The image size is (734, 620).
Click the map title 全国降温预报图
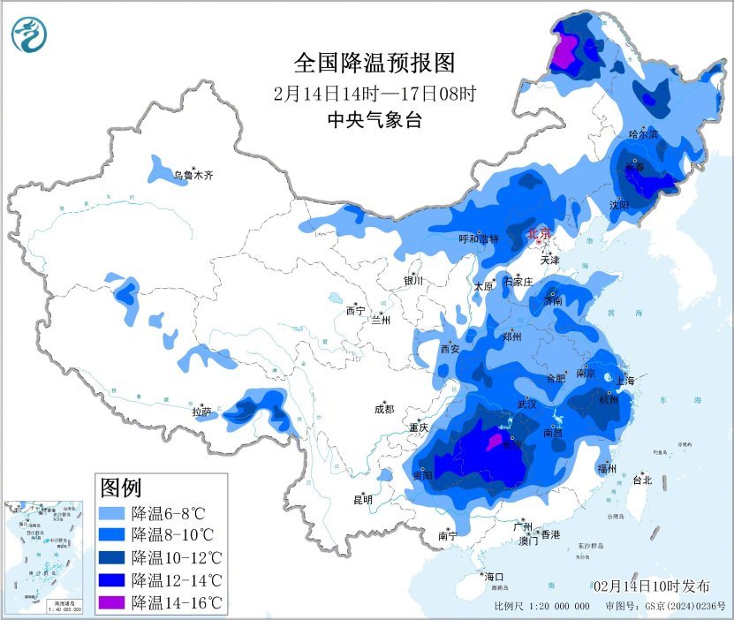pyautogui.click(x=374, y=63)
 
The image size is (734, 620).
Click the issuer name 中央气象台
pyautogui.click(x=374, y=120)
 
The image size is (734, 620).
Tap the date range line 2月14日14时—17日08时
pyautogui.click(x=374, y=92)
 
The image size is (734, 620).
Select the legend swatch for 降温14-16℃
pyautogui.click(x=112, y=603)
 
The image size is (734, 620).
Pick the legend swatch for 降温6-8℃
pyautogui.click(x=112, y=511)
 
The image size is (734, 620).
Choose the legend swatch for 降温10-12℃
pyautogui.click(x=112, y=557)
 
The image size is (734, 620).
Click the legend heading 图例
pyautogui.click(x=122, y=487)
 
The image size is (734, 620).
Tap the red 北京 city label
pyautogui.click(x=538, y=234)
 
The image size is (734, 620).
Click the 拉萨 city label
pyautogui.click(x=202, y=411)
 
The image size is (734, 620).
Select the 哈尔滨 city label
pyautogui.click(x=643, y=134)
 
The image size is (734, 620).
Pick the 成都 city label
pyautogui.click(x=383, y=409)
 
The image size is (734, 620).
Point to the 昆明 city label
pyautogui.click(x=363, y=500)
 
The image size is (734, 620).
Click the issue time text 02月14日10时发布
pyautogui.click(x=651, y=586)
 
